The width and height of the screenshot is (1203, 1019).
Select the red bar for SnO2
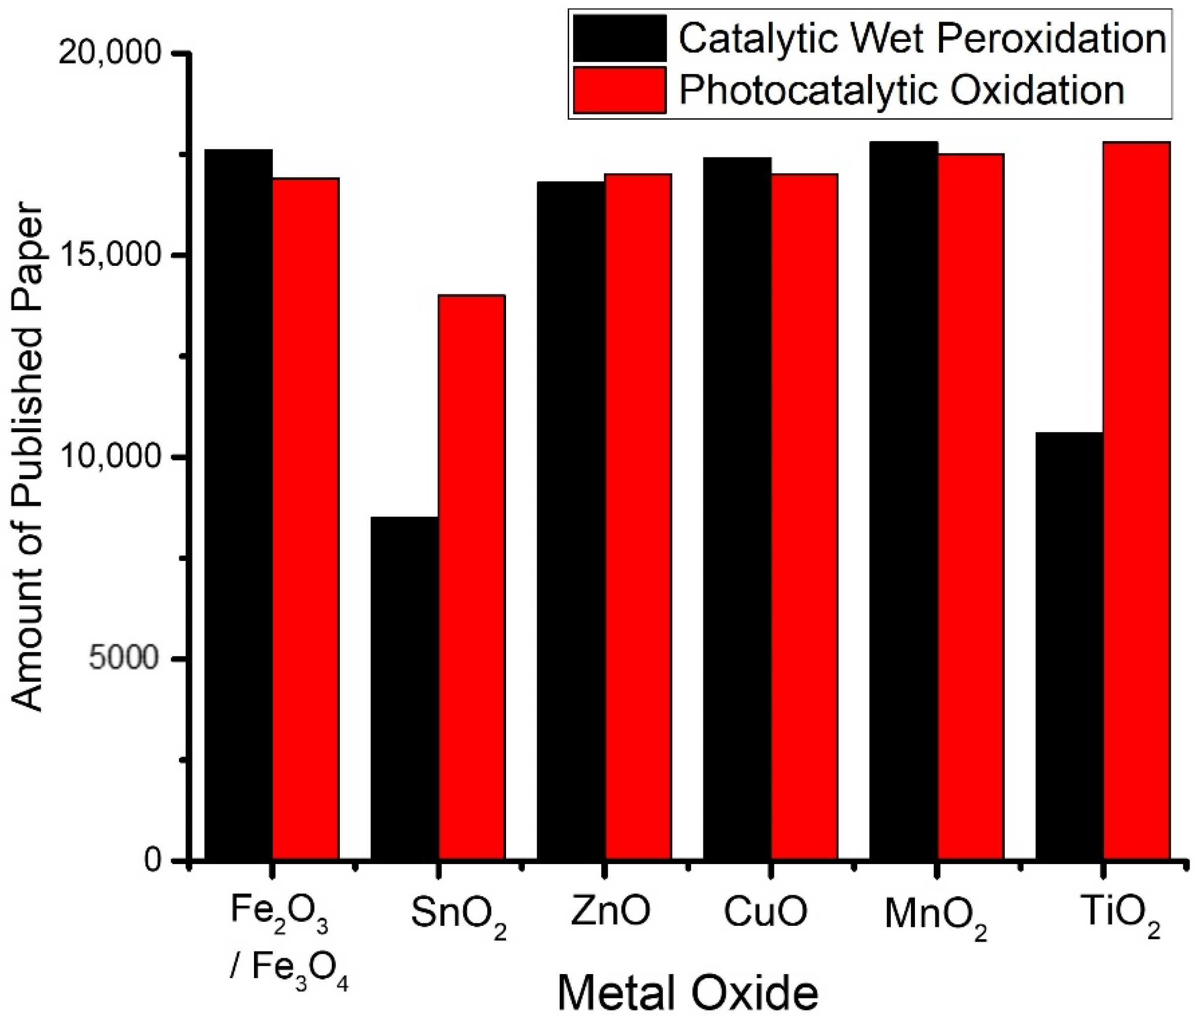click(x=472, y=578)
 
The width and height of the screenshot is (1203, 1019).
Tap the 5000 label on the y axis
click(x=124, y=658)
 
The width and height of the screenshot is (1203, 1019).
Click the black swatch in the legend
click(x=620, y=38)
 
